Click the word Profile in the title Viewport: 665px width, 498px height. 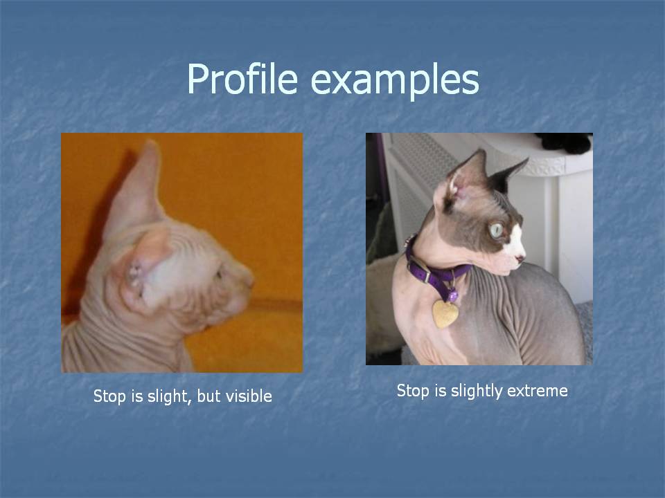(x=242, y=79)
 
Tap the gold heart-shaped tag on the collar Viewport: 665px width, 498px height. (x=445, y=314)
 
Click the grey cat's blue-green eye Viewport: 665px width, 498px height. (x=496, y=230)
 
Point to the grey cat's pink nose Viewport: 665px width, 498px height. (x=520, y=257)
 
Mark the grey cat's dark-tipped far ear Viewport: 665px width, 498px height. (x=507, y=175)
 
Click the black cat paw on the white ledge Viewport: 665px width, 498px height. (x=565, y=142)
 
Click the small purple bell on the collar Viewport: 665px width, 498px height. (x=453, y=295)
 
